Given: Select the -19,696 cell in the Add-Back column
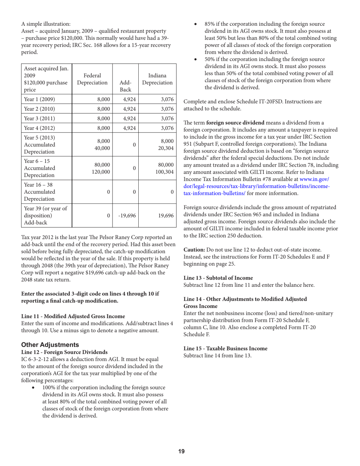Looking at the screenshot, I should (125, 216).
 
